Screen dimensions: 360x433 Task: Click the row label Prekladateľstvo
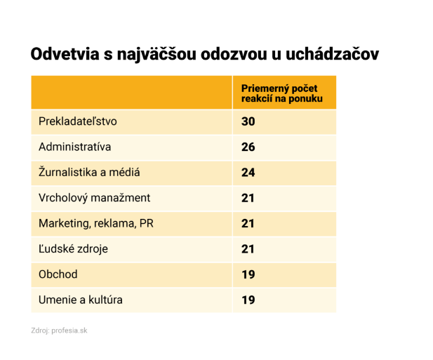click(78, 121)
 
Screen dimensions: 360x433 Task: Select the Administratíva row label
click(75, 147)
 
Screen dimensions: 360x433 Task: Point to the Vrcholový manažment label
click(95, 198)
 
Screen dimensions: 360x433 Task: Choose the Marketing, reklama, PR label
click(96, 223)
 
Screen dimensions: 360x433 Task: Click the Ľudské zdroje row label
click(74, 248)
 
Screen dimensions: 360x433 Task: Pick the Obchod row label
click(58, 274)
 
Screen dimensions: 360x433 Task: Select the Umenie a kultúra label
click(81, 300)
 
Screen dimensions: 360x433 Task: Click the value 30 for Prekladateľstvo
click(248, 121)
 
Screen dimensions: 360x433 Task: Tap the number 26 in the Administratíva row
click(248, 147)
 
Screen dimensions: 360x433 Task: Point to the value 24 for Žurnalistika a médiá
click(248, 173)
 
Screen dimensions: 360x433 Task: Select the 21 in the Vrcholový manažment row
click(248, 198)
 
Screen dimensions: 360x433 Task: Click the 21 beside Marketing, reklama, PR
click(248, 223)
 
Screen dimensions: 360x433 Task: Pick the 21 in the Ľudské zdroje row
click(248, 248)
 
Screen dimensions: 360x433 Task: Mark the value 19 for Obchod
click(248, 274)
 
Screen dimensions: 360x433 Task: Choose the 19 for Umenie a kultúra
click(248, 300)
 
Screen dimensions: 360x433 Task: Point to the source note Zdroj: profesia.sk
click(59, 330)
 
